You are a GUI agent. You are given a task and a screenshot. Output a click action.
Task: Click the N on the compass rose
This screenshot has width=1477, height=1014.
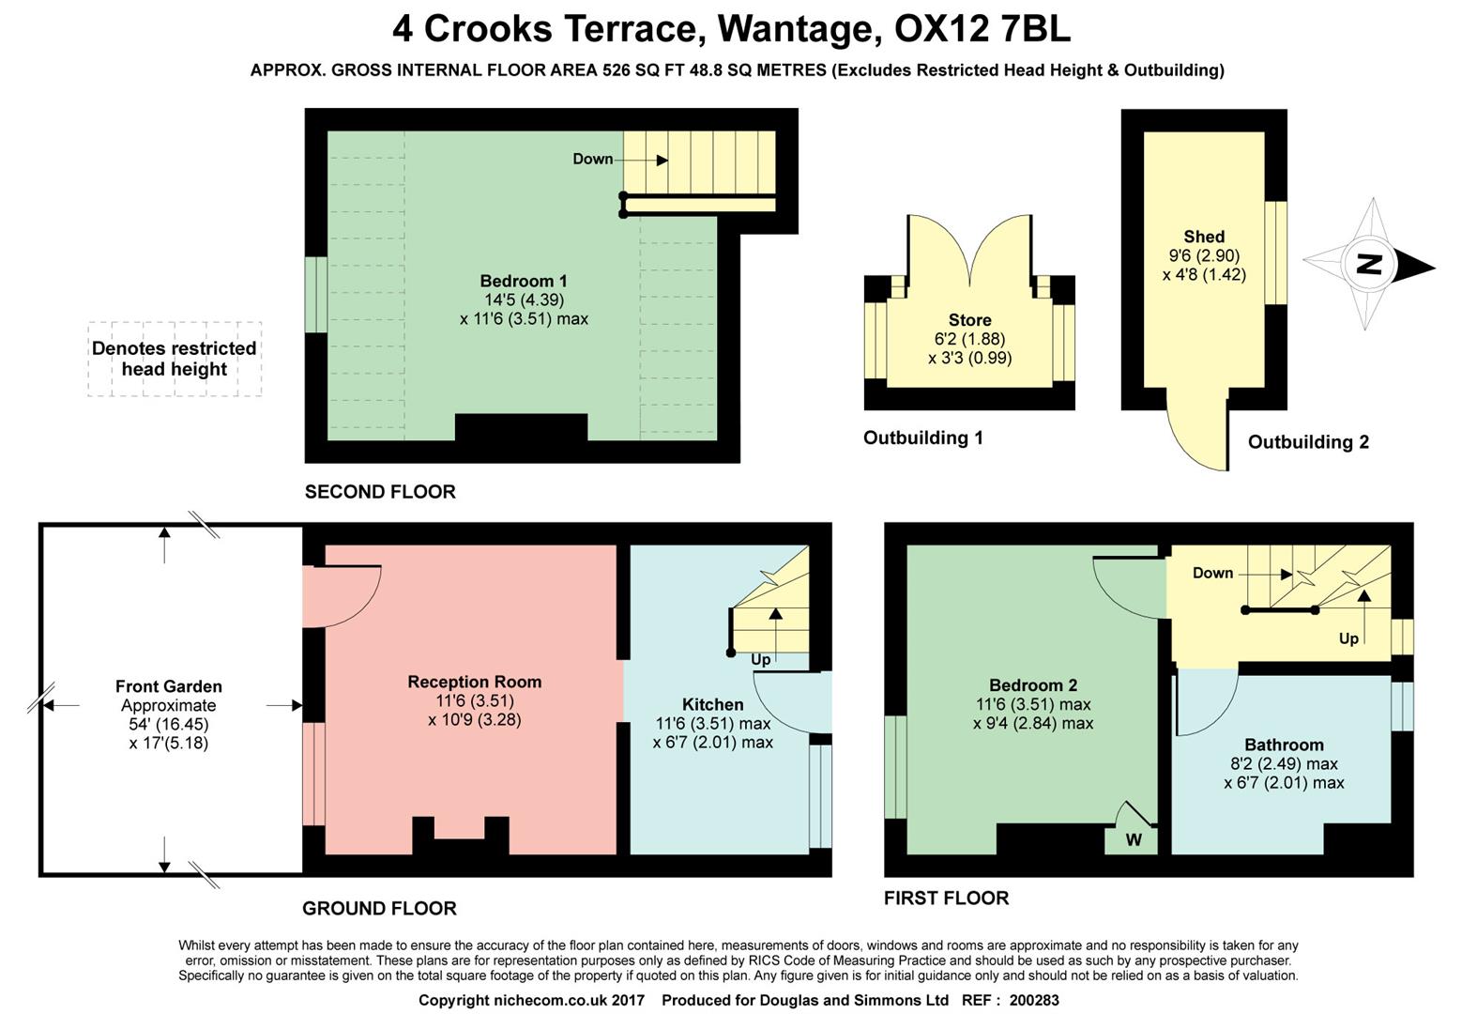[x=1371, y=264]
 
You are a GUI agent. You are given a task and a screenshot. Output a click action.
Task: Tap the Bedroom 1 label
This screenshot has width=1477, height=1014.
[x=523, y=281]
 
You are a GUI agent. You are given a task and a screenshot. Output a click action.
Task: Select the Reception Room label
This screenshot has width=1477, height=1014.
[x=474, y=682]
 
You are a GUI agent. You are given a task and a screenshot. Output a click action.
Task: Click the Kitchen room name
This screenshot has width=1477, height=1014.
[x=712, y=704]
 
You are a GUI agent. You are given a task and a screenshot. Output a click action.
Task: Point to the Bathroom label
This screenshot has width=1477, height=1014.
[x=1284, y=745]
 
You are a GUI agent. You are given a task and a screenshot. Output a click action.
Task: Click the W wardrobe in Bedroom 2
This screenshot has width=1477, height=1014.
[x=1134, y=839]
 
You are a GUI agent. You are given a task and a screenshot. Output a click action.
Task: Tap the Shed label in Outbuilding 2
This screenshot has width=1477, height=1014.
[x=1204, y=237]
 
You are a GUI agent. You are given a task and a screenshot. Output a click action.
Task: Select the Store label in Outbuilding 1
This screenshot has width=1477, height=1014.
[x=969, y=320]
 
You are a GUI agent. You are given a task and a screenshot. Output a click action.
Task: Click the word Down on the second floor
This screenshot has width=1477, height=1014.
[x=592, y=159]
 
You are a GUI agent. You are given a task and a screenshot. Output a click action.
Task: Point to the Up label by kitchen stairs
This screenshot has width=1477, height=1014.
[x=760, y=659]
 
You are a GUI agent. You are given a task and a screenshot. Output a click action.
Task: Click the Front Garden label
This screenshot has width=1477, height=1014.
[x=169, y=686]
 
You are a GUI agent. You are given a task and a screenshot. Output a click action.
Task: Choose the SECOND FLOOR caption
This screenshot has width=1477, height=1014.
[x=380, y=491]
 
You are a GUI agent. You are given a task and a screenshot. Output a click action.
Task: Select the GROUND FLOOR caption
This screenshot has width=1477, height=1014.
[x=379, y=908]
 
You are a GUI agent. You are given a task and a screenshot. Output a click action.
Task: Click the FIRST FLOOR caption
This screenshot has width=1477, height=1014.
[x=946, y=898]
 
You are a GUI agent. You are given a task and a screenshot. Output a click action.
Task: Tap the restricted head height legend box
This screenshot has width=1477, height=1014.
[x=175, y=359]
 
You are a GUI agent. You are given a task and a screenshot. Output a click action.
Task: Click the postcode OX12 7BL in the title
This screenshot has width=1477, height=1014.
[x=982, y=29]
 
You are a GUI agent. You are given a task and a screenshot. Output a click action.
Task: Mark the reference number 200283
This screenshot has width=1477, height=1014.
[x=1034, y=1000]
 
